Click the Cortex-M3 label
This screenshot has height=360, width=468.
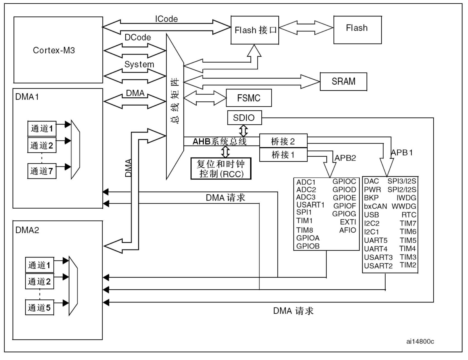[x=54, y=50]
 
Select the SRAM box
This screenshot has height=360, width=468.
[x=343, y=82]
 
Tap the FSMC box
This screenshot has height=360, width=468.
[x=249, y=98]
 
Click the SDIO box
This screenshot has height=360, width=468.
[x=244, y=118]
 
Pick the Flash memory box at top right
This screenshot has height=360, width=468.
[x=357, y=30]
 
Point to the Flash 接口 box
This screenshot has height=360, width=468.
[x=255, y=30]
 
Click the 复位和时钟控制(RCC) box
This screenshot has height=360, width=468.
[x=221, y=169]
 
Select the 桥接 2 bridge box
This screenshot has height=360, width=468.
[x=283, y=141]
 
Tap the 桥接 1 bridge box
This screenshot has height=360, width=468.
[x=283, y=155]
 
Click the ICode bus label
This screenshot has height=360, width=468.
[x=166, y=19]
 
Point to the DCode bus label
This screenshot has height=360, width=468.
[x=138, y=37]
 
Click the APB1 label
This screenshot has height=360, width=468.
[x=402, y=152]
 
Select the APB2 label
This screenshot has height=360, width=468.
[x=345, y=158]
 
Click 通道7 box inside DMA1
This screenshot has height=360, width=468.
[x=42, y=171]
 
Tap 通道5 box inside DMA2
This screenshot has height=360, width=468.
[x=39, y=307]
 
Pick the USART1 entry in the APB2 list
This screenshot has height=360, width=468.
[x=310, y=205]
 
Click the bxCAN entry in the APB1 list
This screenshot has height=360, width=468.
[x=375, y=206]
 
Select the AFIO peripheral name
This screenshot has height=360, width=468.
[x=348, y=230]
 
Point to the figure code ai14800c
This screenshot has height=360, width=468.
[x=420, y=341]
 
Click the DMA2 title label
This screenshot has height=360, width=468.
[x=27, y=230]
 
